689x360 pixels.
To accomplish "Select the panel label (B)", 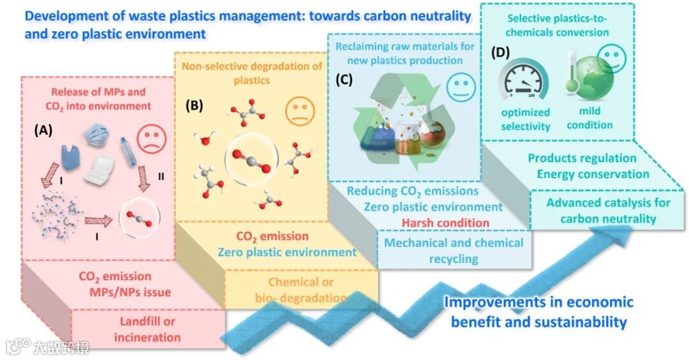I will pyautogui.click(x=194, y=106).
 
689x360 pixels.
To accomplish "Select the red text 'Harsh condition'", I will pyautogui.click(x=445, y=223).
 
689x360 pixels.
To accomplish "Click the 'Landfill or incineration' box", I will pyautogui.click(x=147, y=329).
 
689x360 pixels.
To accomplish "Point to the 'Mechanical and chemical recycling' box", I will pyautogui.click(x=454, y=250).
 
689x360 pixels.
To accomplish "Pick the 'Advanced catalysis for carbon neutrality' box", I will pyautogui.click(x=608, y=211).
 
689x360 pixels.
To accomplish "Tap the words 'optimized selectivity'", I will pyautogui.click(x=525, y=120).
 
